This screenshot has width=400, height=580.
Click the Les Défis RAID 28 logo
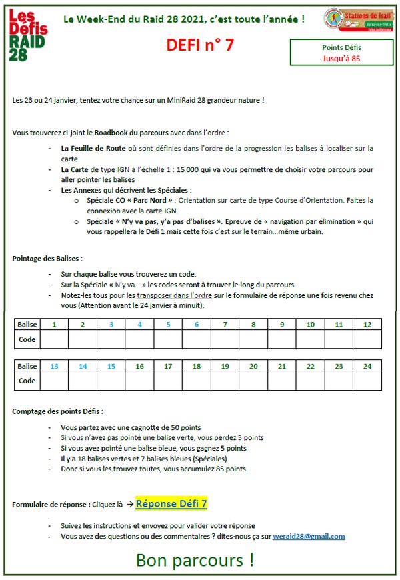tap(27, 34)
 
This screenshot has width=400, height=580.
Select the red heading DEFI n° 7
tap(200, 45)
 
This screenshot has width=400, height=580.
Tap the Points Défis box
tap(341, 53)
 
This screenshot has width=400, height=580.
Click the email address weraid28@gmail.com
tap(309, 536)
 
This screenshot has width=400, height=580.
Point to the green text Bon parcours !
tap(195, 560)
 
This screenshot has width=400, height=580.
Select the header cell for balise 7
tap(225, 325)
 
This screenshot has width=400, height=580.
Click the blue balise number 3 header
tap(111, 325)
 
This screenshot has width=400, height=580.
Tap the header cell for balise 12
tap(367, 325)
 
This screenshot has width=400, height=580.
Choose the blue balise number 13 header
tap(54, 366)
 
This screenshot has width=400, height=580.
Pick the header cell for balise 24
tap(367, 366)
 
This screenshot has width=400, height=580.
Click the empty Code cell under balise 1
tap(54, 339)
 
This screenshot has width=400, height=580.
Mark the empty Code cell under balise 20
tap(253, 381)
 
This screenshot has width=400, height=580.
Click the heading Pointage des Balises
tap(47, 258)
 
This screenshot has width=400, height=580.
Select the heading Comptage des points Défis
tap(57, 411)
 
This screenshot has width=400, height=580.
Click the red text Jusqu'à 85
tap(341, 59)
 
